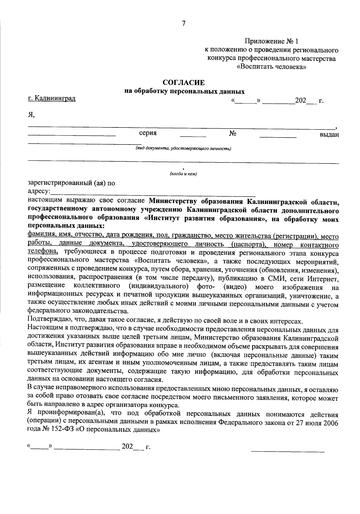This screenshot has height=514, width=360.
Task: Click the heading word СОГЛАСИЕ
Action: pos(183,82)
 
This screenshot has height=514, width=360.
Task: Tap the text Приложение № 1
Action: pos(272,41)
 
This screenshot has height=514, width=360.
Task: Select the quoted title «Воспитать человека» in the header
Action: pos(271,67)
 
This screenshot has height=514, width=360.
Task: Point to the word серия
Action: pos(148,133)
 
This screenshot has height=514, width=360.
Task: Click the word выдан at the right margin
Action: pos(329,135)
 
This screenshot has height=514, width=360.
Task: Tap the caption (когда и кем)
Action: pos(183,174)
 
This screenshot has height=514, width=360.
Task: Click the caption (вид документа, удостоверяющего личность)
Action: pos(183,148)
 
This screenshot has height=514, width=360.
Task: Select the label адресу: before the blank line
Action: pos(39,191)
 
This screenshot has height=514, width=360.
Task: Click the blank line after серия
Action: pos(193,136)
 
